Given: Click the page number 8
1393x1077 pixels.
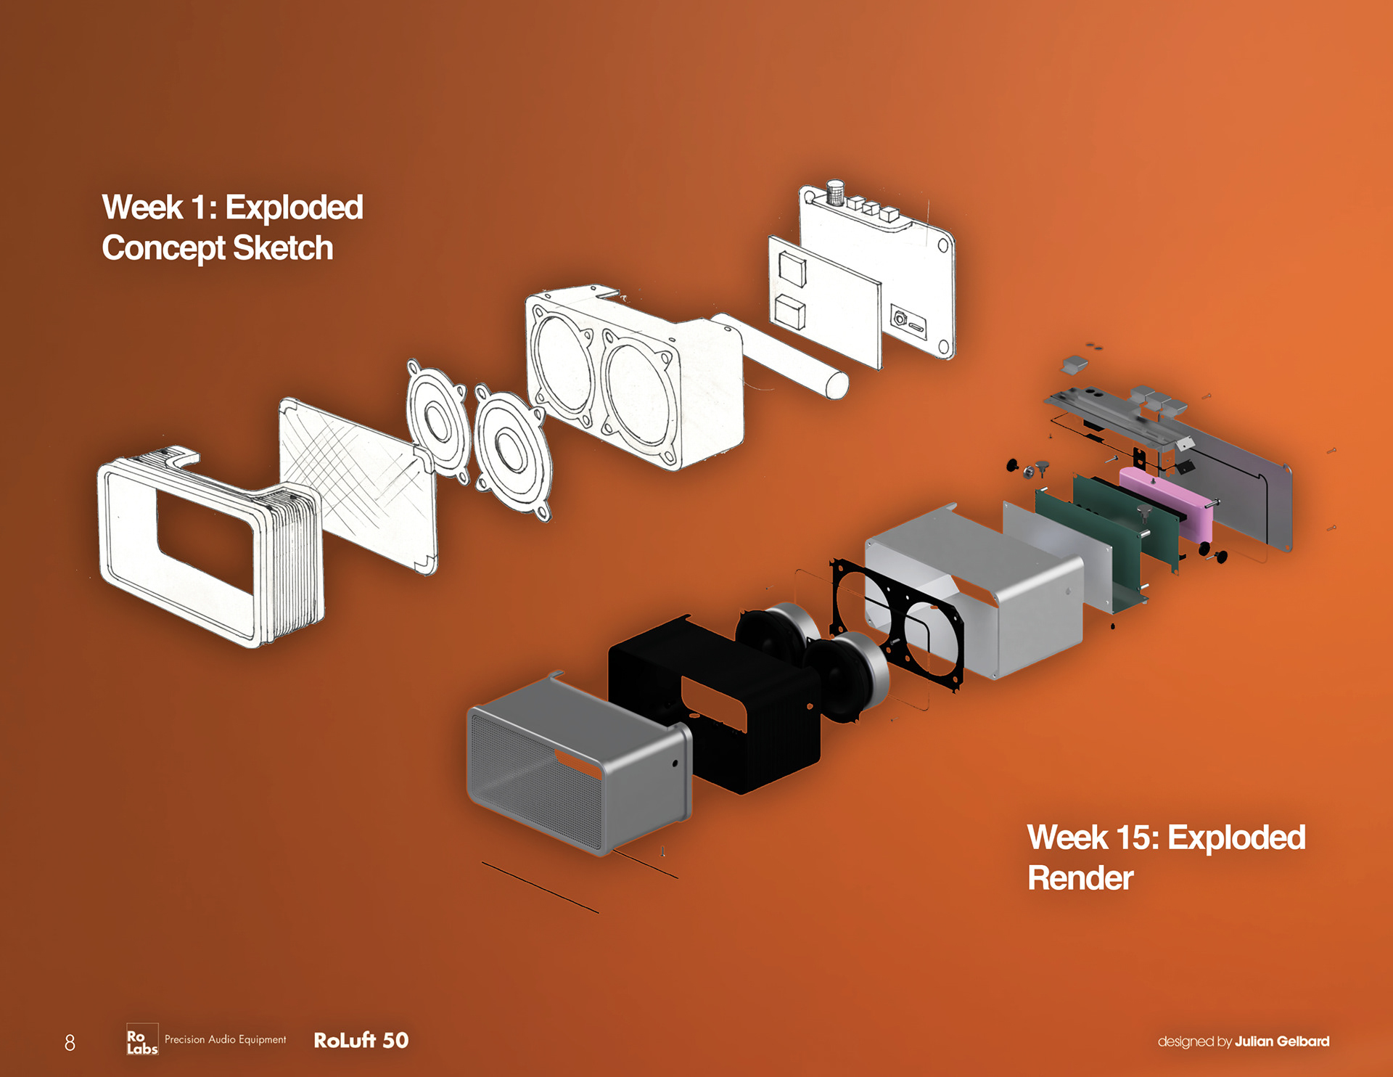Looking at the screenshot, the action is pyautogui.click(x=70, y=1042).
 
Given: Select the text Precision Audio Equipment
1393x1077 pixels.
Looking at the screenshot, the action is pyautogui.click(x=225, y=1039).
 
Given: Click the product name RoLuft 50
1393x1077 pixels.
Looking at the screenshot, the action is pyautogui.click(x=361, y=1040).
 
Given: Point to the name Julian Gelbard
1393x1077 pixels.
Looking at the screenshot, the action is pyautogui.click(x=1282, y=1041).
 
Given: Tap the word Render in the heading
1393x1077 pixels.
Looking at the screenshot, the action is pyautogui.click(x=1080, y=878).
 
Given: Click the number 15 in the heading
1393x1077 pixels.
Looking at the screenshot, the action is pyautogui.click(x=1137, y=838).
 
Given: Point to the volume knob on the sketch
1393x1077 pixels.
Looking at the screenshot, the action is pyautogui.click(x=835, y=192).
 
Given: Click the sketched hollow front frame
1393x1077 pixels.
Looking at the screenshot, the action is pyautogui.click(x=210, y=544).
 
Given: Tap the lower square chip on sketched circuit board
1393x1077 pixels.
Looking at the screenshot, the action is pyautogui.click(x=789, y=311).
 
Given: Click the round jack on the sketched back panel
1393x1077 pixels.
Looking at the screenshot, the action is pyautogui.click(x=900, y=318).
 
